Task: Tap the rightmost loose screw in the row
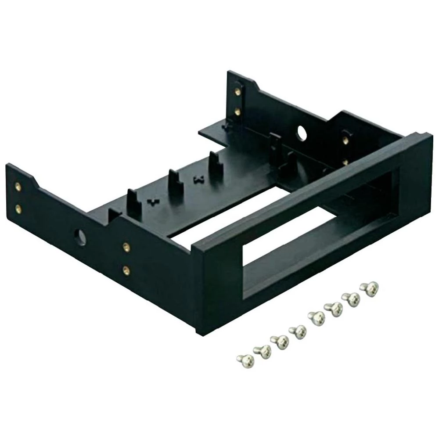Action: (x=369, y=288)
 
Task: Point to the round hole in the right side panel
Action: (x=302, y=131)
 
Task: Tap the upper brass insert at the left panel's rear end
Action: (x=18, y=187)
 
